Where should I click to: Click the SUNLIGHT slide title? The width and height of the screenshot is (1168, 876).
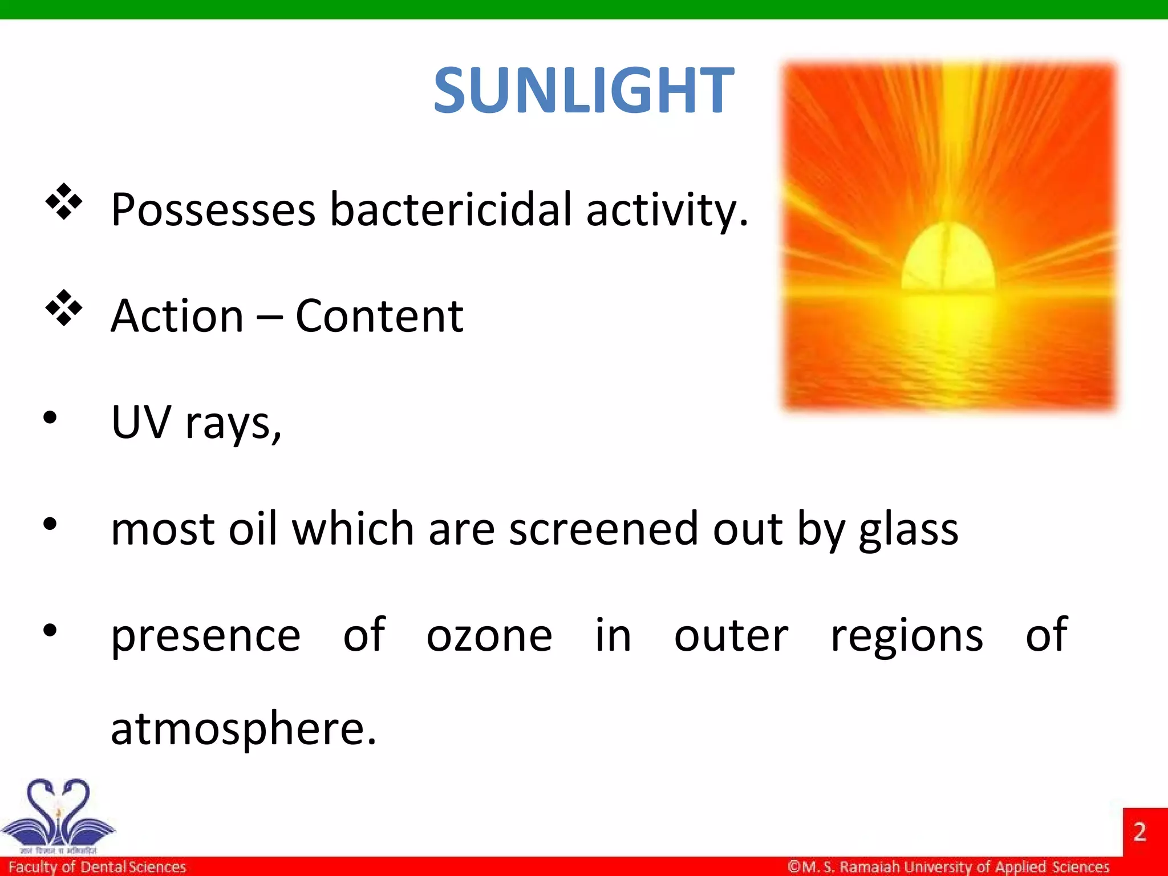tap(583, 90)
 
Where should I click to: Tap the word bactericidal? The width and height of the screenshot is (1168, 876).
tap(451, 210)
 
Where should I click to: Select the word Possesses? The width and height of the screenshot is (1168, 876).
tap(213, 210)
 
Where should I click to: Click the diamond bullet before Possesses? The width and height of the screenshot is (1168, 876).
tap(64, 201)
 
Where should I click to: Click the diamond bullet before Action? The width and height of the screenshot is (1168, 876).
tap(64, 308)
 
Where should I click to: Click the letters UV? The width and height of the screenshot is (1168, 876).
tap(141, 422)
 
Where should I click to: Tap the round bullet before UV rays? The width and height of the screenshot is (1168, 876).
tap(50, 417)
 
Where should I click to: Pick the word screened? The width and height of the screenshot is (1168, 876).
tap(603, 529)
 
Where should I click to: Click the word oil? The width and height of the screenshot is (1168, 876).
tap(253, 529)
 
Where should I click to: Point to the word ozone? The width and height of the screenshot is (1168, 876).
tap(489, 636)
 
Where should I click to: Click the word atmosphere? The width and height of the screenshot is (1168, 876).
tap(243, 729)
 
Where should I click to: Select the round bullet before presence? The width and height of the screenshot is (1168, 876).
tap(50, 630)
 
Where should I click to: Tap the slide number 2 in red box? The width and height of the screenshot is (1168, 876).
tap(1139, 832)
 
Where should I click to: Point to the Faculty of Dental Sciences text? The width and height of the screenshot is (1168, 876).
tap(97, 867)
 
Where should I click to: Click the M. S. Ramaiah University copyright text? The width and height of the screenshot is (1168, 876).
tap(948, 867)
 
